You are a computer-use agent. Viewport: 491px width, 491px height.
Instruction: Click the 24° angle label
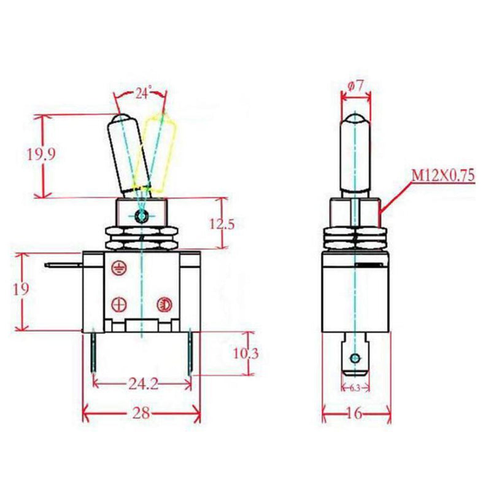coord(142,94)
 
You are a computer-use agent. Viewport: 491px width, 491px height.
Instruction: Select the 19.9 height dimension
coord(42,155)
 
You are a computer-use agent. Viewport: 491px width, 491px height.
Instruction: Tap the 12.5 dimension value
coord(222,223)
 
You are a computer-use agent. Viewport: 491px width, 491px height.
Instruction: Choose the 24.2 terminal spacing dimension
coord(142,384)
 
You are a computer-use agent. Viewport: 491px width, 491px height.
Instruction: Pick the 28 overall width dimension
coord(141,413)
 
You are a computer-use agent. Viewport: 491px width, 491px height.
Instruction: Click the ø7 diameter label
coord(356,86)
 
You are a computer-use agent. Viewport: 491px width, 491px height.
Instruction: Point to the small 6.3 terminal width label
coord(355,388)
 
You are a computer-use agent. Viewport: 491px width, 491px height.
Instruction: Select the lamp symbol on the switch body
coord(163,303)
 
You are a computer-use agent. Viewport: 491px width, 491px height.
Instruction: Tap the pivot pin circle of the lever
coord(142,216)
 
